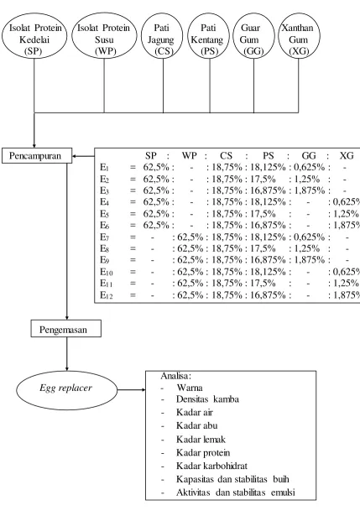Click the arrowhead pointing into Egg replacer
(x=67, y=369)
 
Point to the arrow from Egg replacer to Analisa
(x=131, y=390)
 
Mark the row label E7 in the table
(x=106, y=237)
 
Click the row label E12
(x=107, y=294)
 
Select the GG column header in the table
(x=309, y=156)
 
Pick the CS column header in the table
(x=226, y=156)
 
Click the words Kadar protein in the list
(x=203, y=453)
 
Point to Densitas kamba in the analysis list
(x=207, y=399)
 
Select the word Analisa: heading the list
(x=175, y=376)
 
